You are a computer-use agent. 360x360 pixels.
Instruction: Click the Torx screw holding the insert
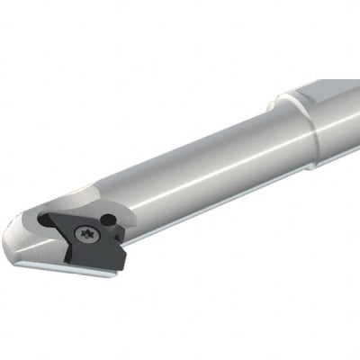[x=87, y=235]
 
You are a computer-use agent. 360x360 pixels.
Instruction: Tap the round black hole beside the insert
[x=108, y=219]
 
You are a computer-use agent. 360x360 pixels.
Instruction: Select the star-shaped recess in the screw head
[x=87, y=235]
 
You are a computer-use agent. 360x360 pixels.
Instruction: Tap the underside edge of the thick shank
[x=337, y=155]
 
